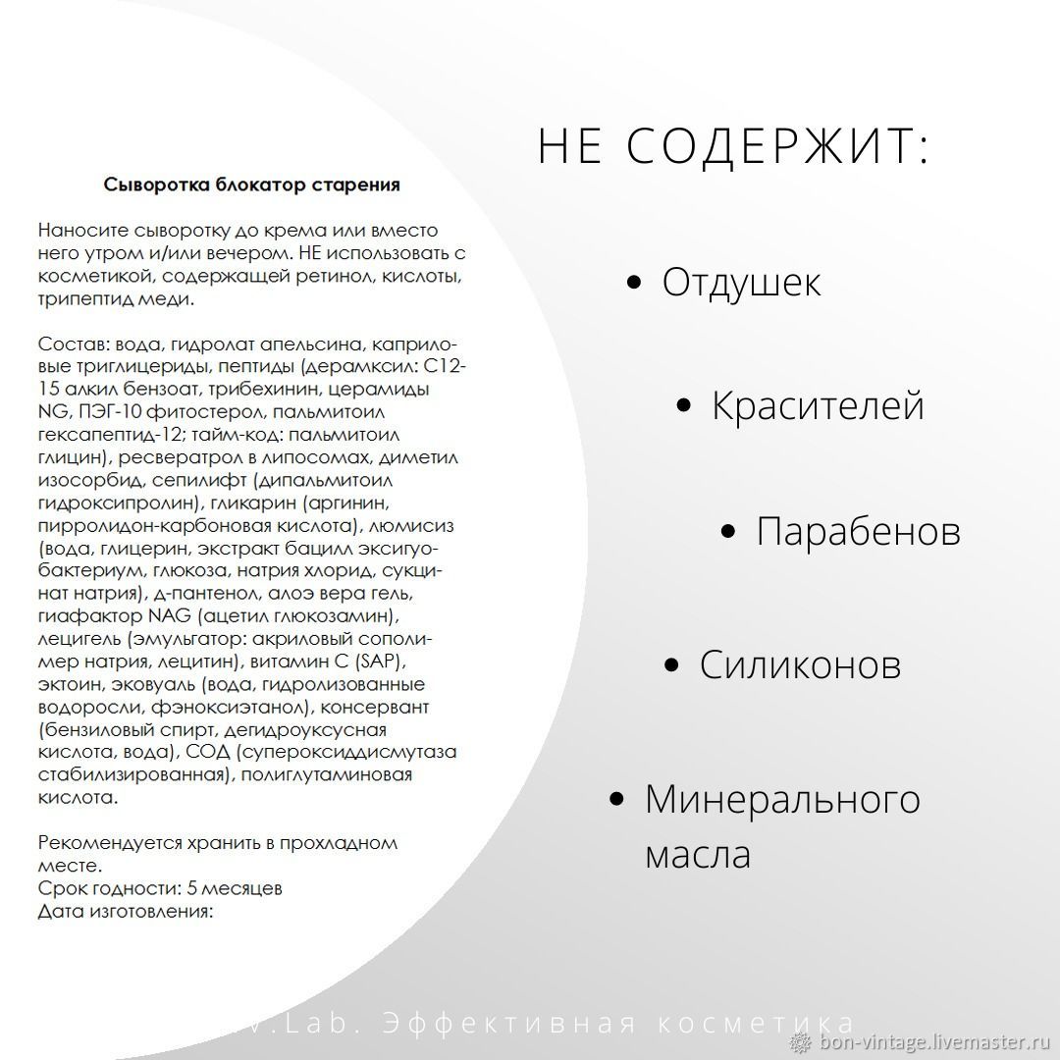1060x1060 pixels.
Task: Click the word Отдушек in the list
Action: coord(741,283)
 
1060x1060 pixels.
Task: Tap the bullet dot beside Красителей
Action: coord(685,406)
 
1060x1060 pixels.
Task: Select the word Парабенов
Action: coord(858,531)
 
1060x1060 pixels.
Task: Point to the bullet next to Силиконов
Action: coord(672,665)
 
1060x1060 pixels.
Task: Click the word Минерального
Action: coord(782,799)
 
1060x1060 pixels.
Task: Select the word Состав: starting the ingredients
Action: coord(73,344)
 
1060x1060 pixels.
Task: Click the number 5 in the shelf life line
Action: coord(192,888)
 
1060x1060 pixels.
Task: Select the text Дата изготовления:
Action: coord(126,911)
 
